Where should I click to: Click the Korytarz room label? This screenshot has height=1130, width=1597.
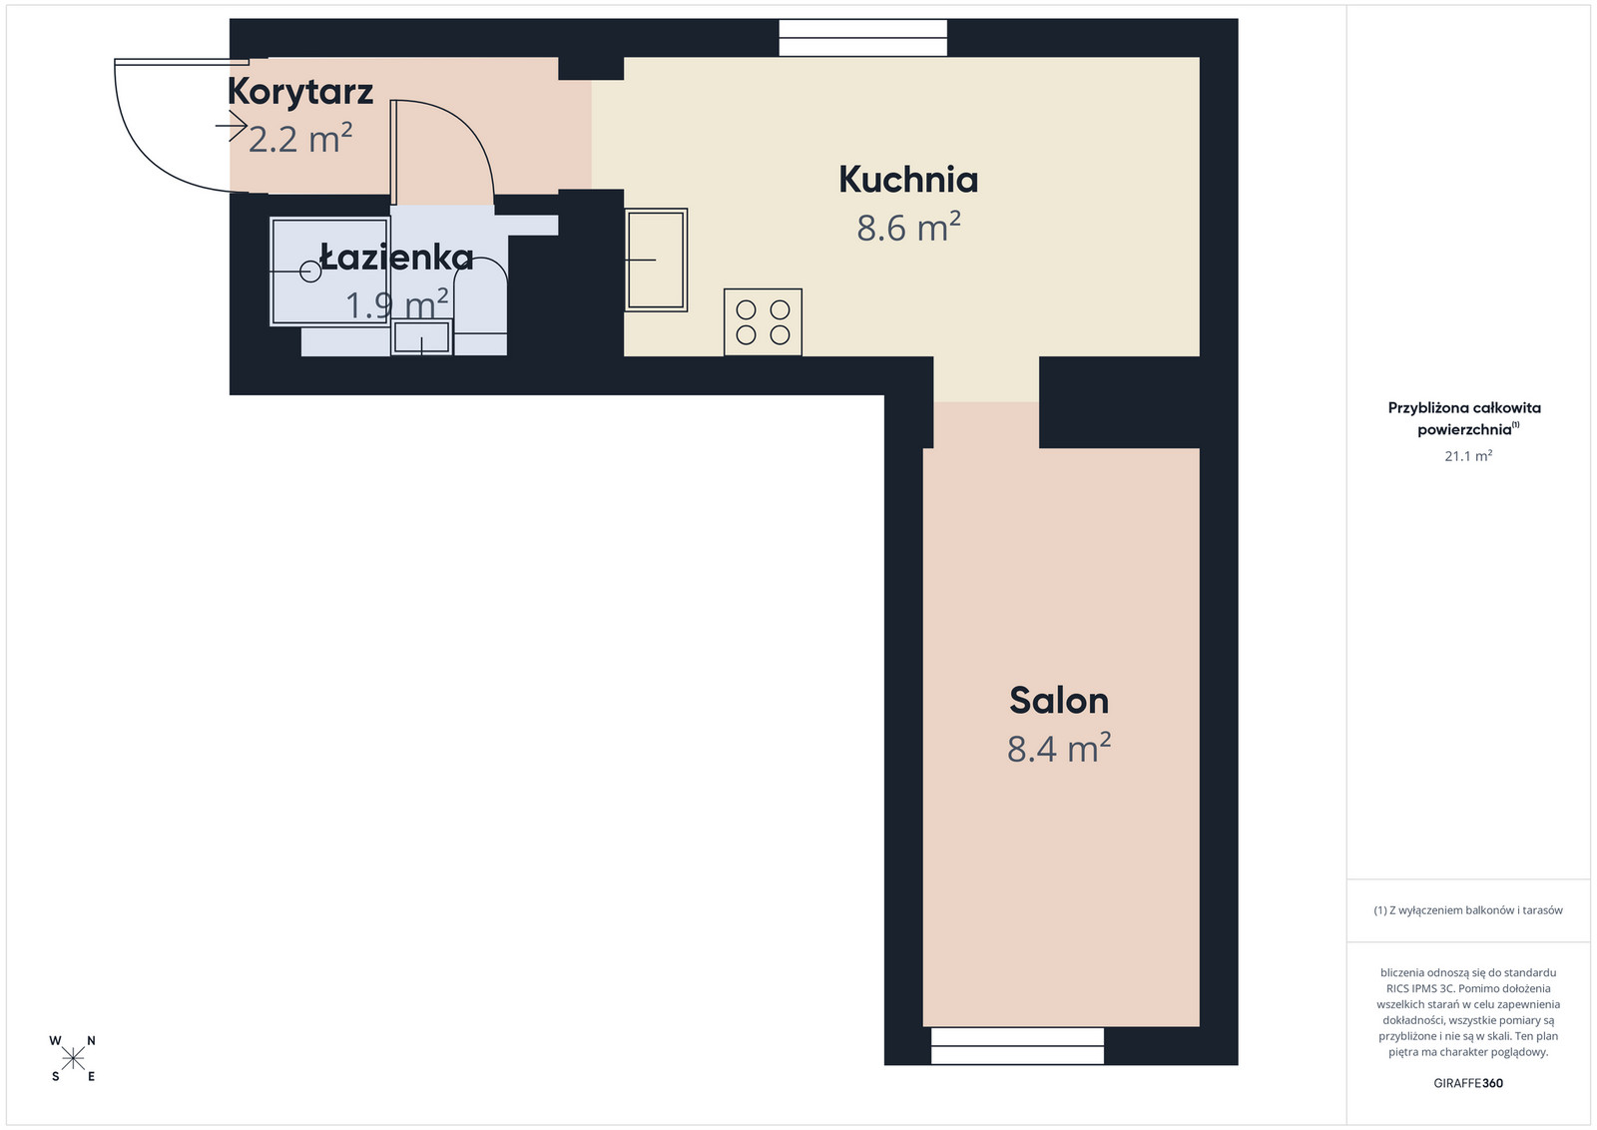coord(300,93)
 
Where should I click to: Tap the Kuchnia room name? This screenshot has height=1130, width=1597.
coord(908,180)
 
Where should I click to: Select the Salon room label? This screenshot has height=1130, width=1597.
coord(1059,701)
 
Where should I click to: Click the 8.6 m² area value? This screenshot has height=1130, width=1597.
coord(908,228)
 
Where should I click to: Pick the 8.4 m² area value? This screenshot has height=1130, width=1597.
coord(1059,749)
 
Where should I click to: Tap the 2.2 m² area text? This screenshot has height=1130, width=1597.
coord(300,139)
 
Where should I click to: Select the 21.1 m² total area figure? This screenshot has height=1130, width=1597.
coord(1468,455)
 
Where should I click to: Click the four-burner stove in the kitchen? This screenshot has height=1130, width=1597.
coord(763,322)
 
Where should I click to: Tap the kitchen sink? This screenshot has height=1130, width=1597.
coord(656,260)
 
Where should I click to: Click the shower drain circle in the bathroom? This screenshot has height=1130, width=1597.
coord(310,272)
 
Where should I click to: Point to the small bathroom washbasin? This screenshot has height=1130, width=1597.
coord(421,337)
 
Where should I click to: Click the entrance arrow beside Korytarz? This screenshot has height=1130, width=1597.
coord(231,126)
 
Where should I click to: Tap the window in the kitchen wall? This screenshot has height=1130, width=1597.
coord(862,38)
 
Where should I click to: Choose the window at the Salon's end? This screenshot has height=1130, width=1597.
coord(1017,1046)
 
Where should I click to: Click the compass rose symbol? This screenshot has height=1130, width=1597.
coord(73,1059)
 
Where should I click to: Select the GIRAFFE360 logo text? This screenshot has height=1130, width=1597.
coord(1468,1083)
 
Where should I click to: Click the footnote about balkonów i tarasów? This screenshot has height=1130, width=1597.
coord(1468,909)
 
